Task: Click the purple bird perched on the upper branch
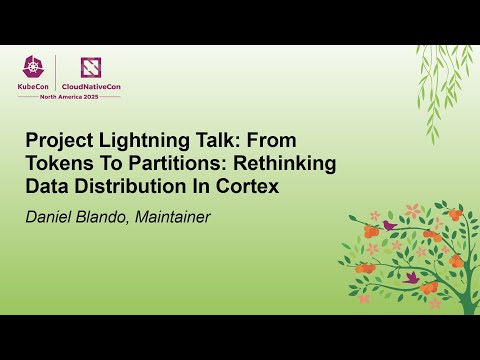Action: click(388, 226)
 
